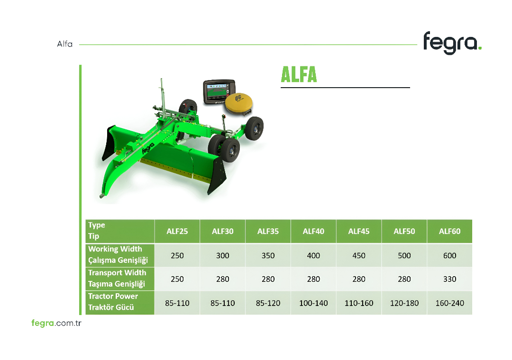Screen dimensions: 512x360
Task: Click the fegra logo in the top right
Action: pos(452,43)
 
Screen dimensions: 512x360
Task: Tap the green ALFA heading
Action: pos(299,74)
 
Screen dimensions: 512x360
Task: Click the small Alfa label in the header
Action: pos(64,44)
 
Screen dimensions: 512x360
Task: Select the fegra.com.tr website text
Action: pos(56,323)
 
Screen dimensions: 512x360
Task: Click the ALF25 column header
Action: pos(177,232)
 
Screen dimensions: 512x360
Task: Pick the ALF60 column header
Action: pos(449,232)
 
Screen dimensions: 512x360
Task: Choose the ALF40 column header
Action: pos(313,232)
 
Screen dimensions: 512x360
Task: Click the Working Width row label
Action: pos(118,254)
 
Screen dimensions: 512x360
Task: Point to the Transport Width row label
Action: pos(117,278)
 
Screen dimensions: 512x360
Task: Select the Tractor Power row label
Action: pos(113,302)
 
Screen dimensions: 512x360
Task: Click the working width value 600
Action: pos(449,256)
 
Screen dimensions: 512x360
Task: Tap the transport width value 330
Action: pos(449,279)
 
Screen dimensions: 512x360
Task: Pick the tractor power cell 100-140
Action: pos(313,303)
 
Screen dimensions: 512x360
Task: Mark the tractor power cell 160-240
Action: pos(449,303)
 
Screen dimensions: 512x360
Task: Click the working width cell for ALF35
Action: pos(268,256)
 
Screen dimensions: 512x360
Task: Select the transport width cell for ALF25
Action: pos(177,279)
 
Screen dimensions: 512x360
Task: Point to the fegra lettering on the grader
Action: pos(148,148)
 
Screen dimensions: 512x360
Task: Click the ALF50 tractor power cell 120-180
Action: pos(404,303)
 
